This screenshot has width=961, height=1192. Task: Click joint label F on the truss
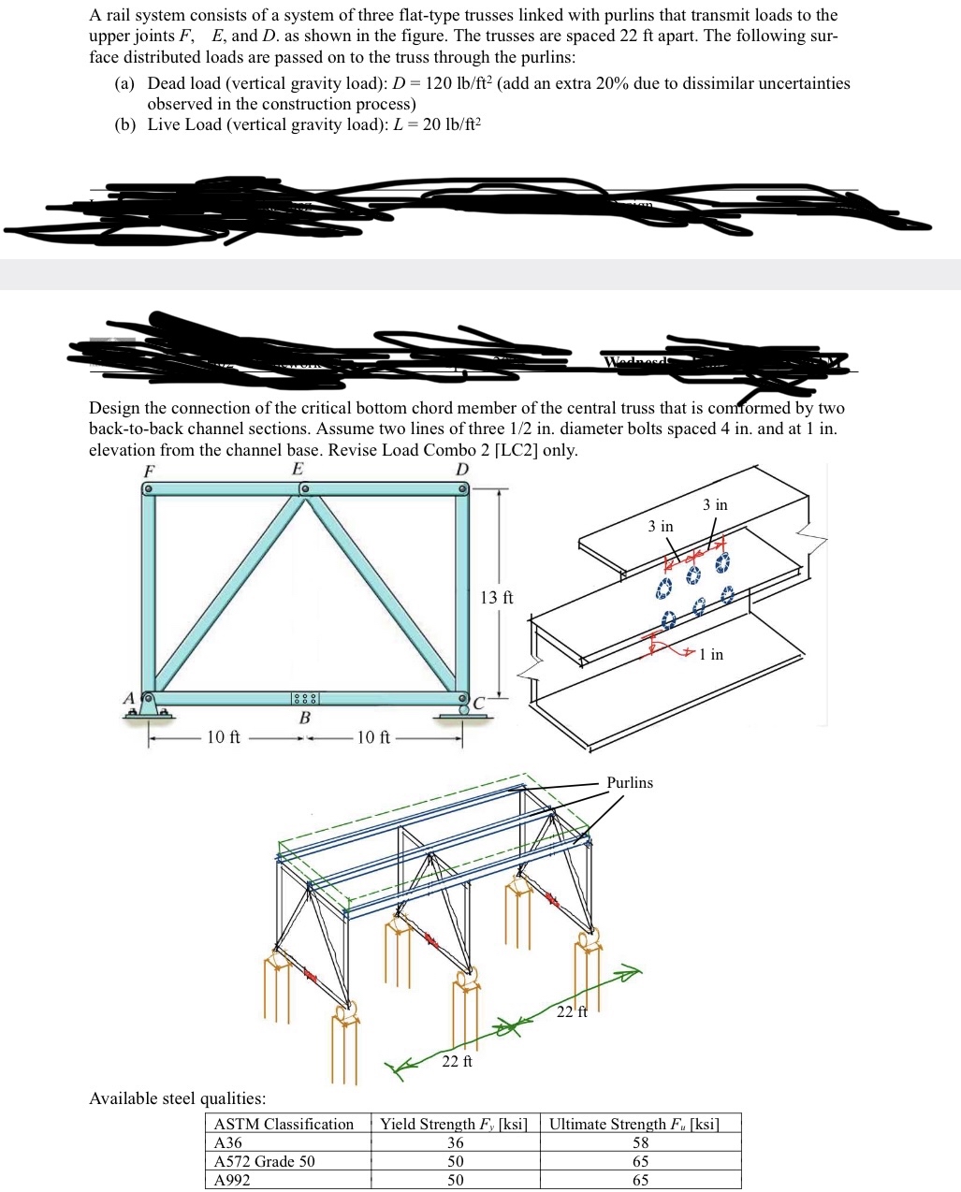[x=148, y=470]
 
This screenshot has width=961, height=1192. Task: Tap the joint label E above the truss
[x=298, y=469]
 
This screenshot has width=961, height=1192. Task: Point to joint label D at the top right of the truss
[x=462, y=469]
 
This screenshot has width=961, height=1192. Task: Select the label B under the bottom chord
[x=304, y=718]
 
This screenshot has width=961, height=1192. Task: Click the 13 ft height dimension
[x=496, y=597]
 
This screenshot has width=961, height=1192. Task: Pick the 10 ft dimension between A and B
[x=223, y=737]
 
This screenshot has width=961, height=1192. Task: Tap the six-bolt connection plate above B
[x=305, y=699]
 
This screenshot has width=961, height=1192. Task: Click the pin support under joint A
[x=149, y=710]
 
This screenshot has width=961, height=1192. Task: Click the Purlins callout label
[x=630, y=782]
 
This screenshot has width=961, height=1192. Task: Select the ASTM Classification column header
[x=284, y=1124]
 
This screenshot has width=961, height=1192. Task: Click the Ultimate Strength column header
[x=633, y=1124]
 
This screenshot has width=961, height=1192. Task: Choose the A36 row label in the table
[x=228, y=1142]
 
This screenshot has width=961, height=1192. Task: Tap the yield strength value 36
[x=455, y=1142]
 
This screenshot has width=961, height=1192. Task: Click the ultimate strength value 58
[x=640, y=1142]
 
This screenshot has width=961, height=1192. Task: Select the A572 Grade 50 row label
[x=265, y=1161]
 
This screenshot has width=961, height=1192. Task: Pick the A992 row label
[x=232, y=1180]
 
